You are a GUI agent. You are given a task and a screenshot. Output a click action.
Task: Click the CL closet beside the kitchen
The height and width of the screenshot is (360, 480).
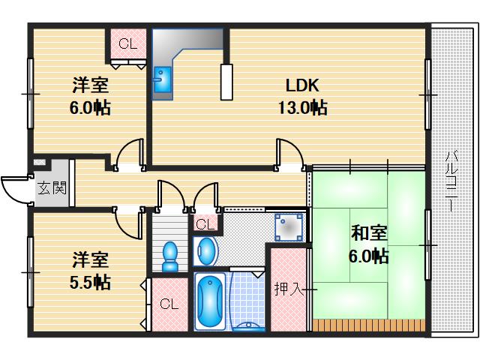click(x=127, y=45)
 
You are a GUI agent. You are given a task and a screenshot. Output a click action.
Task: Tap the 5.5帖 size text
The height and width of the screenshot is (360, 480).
click(x=91, y=282)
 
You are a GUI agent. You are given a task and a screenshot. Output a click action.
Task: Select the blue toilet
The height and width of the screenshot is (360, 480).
click(x=170, y=255)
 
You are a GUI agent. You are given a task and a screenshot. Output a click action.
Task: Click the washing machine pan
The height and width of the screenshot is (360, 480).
click(x=289, y=226)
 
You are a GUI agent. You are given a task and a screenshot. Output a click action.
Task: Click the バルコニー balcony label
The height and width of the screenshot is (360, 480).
click(x=451, y=180)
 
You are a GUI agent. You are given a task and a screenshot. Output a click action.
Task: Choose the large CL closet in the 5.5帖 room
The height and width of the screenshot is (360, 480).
click(x=168, y=304)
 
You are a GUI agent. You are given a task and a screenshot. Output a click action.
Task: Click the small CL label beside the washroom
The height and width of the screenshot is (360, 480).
click(x=205, y=223)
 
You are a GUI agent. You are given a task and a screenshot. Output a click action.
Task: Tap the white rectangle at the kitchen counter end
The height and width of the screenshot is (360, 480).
click(x=226, y=81)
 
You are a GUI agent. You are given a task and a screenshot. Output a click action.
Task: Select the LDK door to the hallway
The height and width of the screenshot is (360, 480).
click(x=289, y=154)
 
